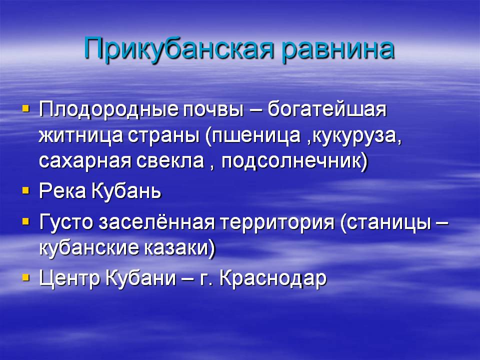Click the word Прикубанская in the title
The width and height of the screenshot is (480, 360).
click(178, 48)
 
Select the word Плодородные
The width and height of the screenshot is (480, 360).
click(108, 109)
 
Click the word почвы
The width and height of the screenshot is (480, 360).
click(213, 110)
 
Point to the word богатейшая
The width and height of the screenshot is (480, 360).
click(327, 109)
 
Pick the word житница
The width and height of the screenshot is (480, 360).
click(80, 136)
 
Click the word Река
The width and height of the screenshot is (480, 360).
click(62, 191)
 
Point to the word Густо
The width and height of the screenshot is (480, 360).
click(66, 221)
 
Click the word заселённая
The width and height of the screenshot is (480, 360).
click(156, 221)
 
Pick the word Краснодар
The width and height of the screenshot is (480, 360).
click(273, 279)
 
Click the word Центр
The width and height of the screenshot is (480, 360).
click(70, 279)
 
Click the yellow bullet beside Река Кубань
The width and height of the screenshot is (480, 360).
click(26, 191)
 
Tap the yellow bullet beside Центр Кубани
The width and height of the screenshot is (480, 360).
click(26, 277)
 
